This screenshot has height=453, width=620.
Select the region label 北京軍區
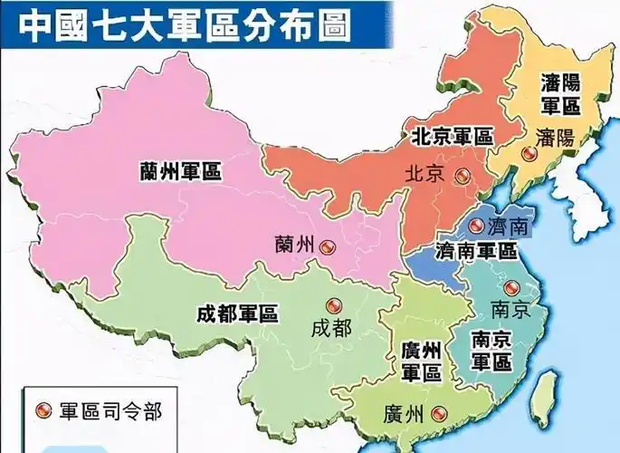[x=452, y=138]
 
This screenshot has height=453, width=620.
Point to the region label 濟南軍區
[x=477, y=249]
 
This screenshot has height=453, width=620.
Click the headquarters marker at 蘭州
[x=328, y=245]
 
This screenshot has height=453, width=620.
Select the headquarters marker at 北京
[x=463, y=175]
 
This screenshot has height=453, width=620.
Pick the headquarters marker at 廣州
[x=439, y=413]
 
